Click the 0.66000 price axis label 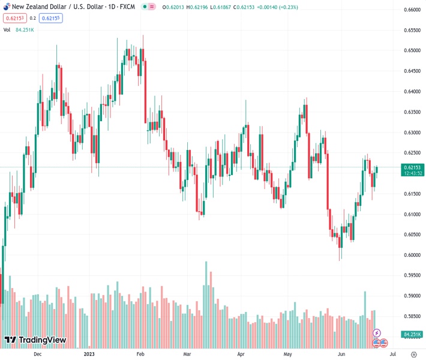coord(411,10)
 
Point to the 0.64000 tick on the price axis coord(411,92)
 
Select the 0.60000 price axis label coord(411,255)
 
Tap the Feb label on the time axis coord(140,354)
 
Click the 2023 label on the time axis coord(89,354)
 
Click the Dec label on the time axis coord(37,354)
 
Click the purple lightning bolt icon coord(377,332)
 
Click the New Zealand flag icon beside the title coord(5,6)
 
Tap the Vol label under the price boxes coord(7,29)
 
